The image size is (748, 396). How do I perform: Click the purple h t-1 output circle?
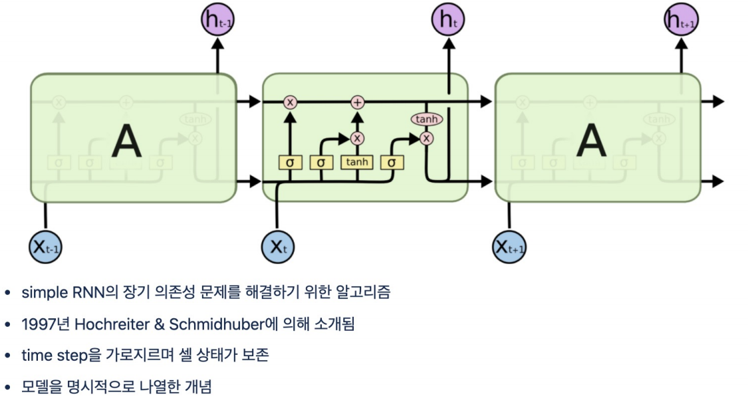(x=217, y=21)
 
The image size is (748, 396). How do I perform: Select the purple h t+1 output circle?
(x=682, y=21)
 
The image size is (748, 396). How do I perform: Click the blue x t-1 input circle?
(x=46, y=247)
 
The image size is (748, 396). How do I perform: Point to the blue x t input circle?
(x=277, y=247)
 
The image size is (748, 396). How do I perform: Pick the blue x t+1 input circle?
(x=509, y=247)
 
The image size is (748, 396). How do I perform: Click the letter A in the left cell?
(x=127, y=141)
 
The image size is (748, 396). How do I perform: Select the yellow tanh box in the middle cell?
(x=357, y=162)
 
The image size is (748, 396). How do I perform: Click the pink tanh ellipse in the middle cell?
(x=426, y=119)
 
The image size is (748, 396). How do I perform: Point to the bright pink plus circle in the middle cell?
(x=358, y=102)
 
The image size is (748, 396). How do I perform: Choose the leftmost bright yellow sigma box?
(x=289, y=162)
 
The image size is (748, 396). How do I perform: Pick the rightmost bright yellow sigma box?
(x=392, y=162)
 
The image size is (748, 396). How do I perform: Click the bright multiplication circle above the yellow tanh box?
(x=358, y=138)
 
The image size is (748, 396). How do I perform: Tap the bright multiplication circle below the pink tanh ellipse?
(x=426, y=138)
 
